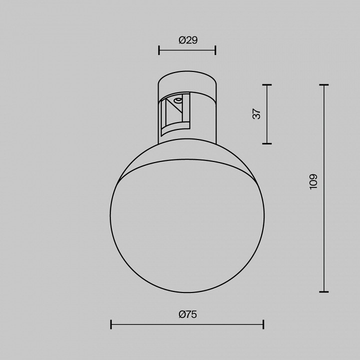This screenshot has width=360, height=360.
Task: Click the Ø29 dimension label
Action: (x=187, y=40)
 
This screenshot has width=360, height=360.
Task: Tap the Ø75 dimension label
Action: (x=187, y=314)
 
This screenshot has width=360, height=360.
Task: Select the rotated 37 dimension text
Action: (x=257, y=114)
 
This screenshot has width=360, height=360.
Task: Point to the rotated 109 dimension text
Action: (x=313, y=181)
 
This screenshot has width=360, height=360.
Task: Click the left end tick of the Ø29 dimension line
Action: (x=159, y=50)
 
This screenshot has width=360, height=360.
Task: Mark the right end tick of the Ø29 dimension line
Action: (x=215, y=50)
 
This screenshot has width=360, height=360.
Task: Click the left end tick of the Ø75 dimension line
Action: (x=111, y=325)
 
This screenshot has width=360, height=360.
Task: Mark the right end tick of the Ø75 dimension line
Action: (x=263, y=325)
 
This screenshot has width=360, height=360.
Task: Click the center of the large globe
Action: (x=187, y=216)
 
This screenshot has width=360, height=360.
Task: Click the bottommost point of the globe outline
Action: (x=187, y=292)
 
